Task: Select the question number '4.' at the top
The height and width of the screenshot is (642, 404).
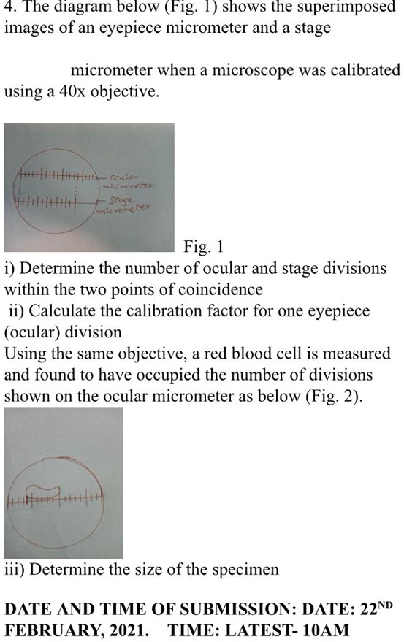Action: point(10,9)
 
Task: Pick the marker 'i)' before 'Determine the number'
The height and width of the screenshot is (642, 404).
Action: point(9,268)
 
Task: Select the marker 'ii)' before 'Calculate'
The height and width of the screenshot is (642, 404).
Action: point(15,311)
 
